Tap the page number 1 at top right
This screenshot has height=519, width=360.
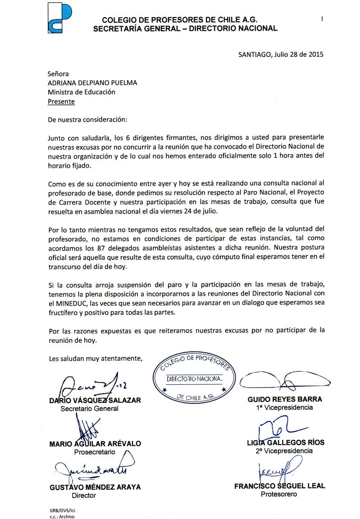(322, 19)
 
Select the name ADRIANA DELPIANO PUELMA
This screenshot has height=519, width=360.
(92, 82)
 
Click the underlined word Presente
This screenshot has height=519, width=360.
(61, 101)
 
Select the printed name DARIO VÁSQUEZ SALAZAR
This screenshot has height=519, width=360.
(95, 400)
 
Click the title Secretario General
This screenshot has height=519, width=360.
(89, 409)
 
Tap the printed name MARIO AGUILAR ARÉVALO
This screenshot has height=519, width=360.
(95, 444)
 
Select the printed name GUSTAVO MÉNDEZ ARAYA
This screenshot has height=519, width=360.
(95, 487)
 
